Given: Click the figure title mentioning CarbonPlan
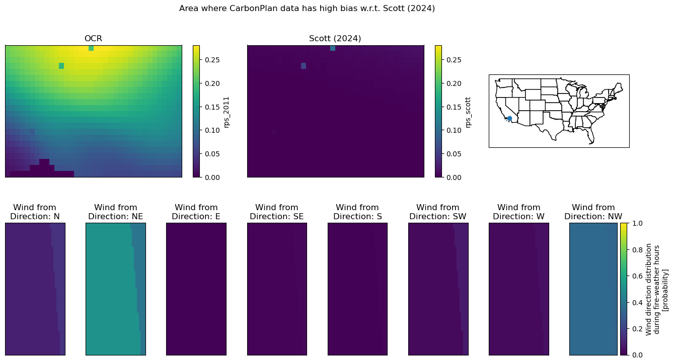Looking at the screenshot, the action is point(307,9).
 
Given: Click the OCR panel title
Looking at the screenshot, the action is point(93,39).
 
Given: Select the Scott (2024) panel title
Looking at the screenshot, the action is point(335,39).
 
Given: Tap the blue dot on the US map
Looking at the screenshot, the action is point(509,119).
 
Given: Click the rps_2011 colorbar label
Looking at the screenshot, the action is point(227,112).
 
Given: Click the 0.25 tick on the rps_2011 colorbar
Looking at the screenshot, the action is point(212,60).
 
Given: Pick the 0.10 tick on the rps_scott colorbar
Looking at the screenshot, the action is point(454,130).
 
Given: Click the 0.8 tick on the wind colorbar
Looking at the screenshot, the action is point(637,250).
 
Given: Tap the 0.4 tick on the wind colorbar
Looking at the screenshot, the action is point(637,302).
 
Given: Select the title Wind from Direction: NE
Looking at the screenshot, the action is point(116,212).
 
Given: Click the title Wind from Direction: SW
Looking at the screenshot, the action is point(438,212).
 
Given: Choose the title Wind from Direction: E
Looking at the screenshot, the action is point(196,212).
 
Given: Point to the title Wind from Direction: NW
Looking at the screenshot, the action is point(593,212).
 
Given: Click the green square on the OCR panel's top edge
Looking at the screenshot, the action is point(91,48).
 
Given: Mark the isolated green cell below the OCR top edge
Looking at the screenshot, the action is point(61,66).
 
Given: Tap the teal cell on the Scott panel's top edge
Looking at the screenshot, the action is point(333,48).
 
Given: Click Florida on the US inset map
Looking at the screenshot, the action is point(590,137).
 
